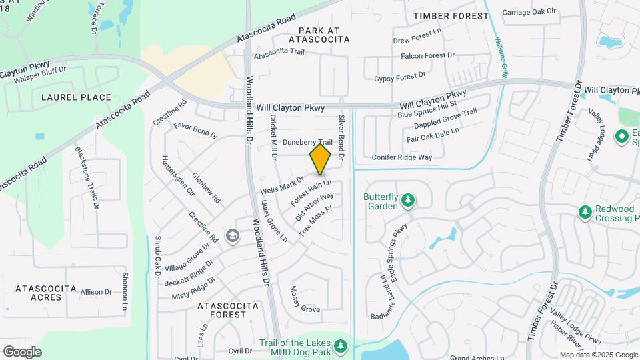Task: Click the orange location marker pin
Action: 321,159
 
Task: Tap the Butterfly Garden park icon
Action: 407,200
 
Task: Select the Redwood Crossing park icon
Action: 585,212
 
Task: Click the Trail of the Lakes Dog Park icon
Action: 341,345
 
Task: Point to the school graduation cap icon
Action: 232,235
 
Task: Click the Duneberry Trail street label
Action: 307,143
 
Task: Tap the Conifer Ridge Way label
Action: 402,157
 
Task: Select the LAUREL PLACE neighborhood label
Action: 76,97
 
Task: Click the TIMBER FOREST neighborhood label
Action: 446,15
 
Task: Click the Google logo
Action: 22,351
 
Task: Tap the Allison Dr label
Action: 96,292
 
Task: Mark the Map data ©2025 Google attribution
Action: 598,355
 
